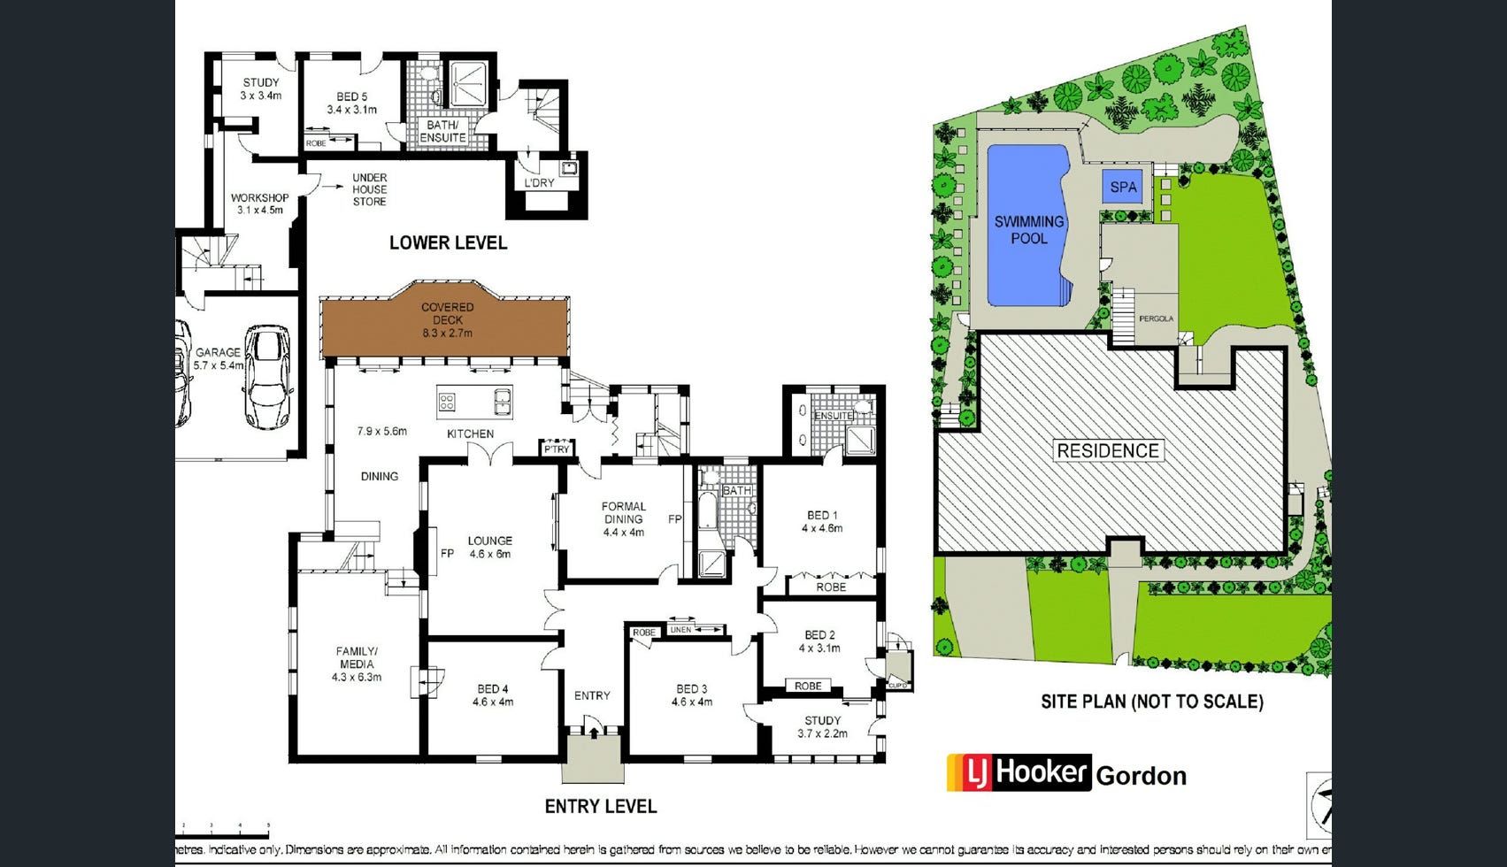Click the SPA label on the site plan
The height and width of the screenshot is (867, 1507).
pos(1123,187)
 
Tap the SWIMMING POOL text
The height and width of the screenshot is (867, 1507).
pos(1028,230)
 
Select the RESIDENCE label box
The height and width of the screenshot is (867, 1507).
pos(1107,450)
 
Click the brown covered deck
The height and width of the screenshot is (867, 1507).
pos(447,327)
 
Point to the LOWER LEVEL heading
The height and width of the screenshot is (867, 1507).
pos(448,242)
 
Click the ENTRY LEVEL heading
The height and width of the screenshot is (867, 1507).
pos(600,806)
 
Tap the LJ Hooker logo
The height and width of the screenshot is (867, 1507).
pos(1018,772)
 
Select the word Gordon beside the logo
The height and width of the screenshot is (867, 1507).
pos(1141,776)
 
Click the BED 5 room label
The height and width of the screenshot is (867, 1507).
pos(351,103)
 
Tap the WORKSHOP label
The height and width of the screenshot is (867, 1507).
pos(259,203)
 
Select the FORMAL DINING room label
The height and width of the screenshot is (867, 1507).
pos(624,519)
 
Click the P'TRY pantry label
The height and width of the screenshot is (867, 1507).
pos(557,449)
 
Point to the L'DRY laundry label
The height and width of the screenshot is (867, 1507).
pos(539,183)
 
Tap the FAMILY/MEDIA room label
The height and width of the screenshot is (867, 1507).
pos(357,664)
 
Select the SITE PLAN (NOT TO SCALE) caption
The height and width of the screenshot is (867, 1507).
pos(1151,702)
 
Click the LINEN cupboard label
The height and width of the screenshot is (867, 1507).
pos(680,630)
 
